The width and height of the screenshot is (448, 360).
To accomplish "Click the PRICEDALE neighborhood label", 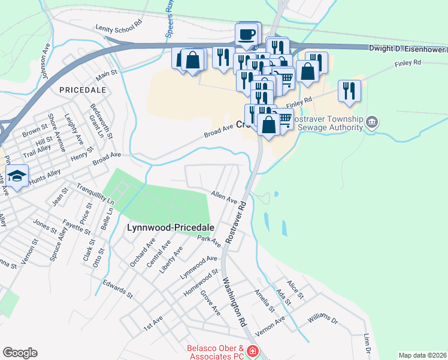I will click(83, 89).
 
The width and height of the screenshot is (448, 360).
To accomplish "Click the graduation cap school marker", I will click(17, 176).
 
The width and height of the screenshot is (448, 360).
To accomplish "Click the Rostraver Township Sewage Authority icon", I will click(371, 123).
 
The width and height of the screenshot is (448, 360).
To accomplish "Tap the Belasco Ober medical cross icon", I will click(253, 351).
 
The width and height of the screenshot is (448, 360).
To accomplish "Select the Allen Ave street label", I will click(224, 197).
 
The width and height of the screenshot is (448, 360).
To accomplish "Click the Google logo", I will click(20, 353).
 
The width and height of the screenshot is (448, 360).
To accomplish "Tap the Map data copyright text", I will click(422, 355).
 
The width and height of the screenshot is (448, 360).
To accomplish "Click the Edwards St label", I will click(117, 289).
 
